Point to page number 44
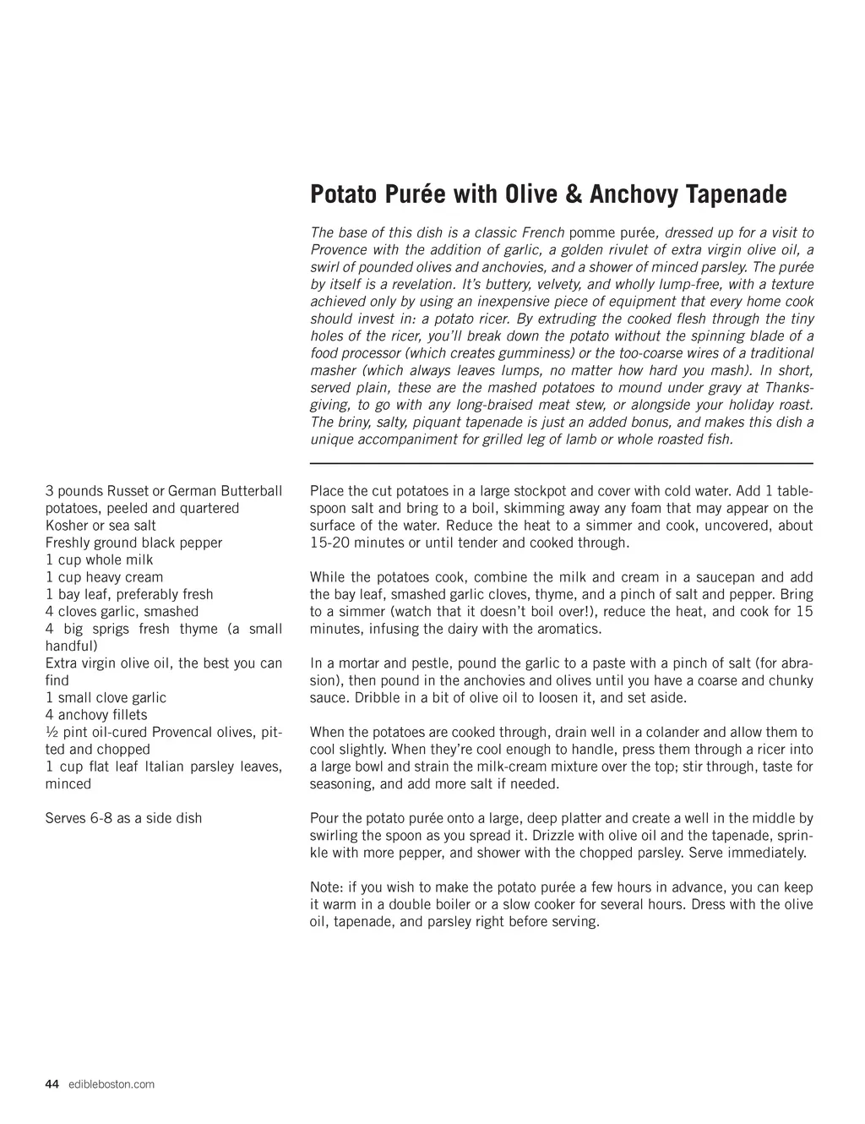(52, 1084)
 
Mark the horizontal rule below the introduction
(561, 463)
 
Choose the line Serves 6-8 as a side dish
(123, 818)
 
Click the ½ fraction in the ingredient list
(51, 732)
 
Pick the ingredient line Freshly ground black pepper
(133, 543)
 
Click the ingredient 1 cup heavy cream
(104, 577)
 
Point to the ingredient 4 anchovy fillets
(95, 715)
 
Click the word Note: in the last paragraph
(327, 887)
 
